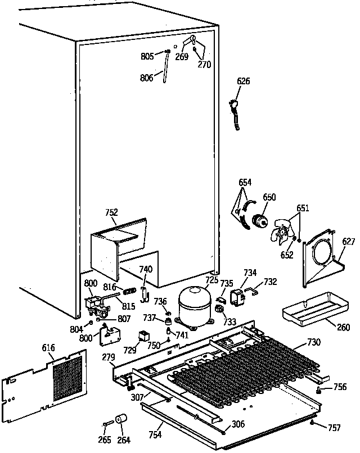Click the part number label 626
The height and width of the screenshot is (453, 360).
click(x=243, y=81)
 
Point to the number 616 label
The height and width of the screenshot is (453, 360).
click(x=48, y=348)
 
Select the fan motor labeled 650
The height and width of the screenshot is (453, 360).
click(x=259, y=220)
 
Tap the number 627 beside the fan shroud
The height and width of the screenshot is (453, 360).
click(x=349, y=242)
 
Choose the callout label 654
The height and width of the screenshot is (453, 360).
click(x=245, y=183)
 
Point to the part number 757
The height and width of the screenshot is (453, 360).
click(x=334, y=428)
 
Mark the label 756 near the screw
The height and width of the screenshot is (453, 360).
click(x=340, y=387)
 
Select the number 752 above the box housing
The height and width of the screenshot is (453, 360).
click(x=111, y=212)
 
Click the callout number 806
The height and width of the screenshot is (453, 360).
click(x=147, y=78)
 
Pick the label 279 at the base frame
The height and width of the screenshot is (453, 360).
click(x=109, y=356)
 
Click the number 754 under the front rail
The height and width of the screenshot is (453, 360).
click(x=156, y=434)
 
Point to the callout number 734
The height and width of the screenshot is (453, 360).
click(x=250, y=273)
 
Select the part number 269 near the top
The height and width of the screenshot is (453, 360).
click(x=181, y=56)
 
